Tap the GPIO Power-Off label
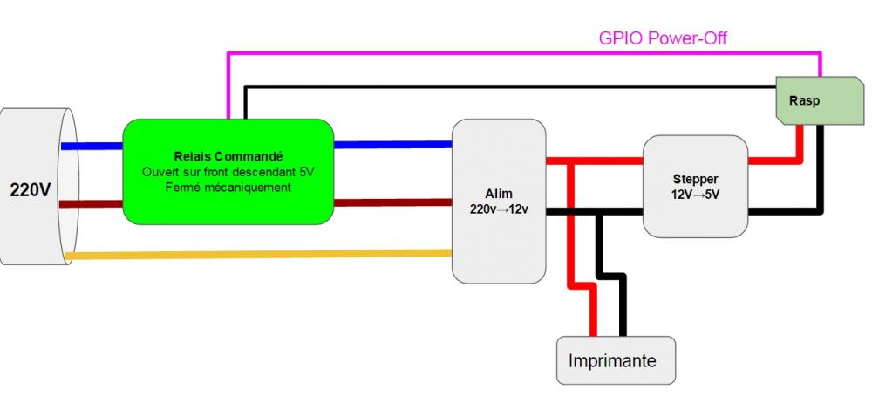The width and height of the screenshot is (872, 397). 663,38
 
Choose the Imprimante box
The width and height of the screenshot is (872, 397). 616,359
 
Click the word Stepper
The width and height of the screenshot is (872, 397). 695,178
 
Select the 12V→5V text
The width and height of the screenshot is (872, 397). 695,194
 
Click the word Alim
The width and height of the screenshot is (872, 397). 499,193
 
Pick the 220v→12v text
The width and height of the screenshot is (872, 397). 499,209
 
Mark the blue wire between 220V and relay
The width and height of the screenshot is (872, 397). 92,146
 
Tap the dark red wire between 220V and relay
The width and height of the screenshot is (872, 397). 92,203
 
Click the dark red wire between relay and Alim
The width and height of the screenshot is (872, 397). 392,202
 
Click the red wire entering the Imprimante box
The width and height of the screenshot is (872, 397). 593,314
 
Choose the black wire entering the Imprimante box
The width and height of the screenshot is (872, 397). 623,314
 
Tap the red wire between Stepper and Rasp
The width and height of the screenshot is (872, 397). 776,161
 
